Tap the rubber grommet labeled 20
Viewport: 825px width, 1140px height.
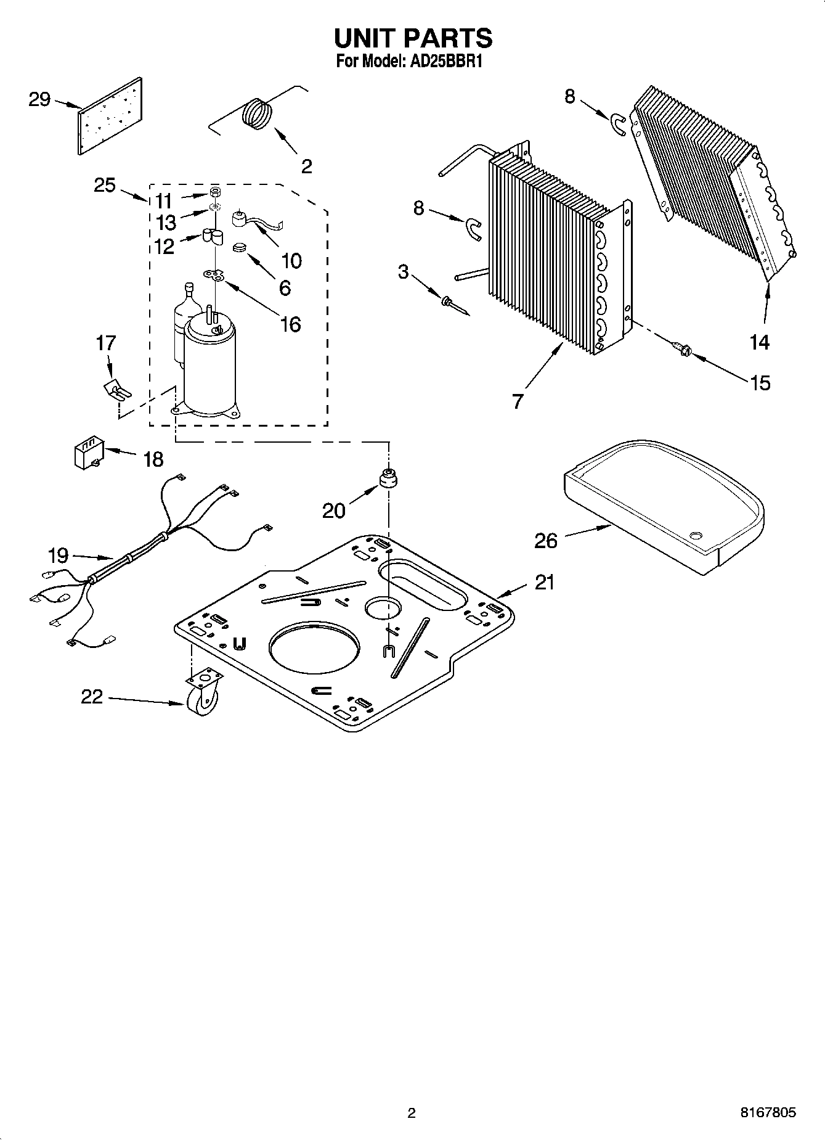389,478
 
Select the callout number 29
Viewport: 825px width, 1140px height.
39,100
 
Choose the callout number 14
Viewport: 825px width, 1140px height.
760,342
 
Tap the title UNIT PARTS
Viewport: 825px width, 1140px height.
413,38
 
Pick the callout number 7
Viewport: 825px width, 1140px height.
518,401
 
